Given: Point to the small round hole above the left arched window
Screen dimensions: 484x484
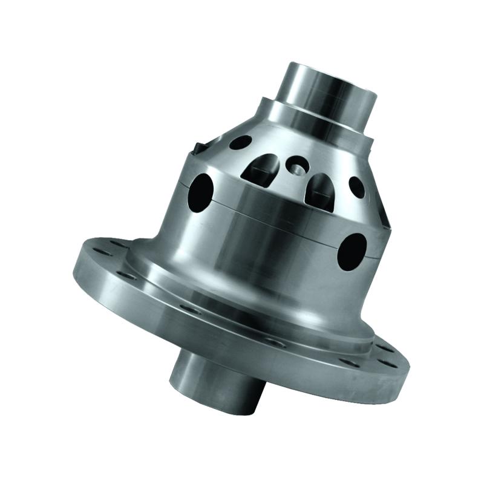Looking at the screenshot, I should pos(241,143).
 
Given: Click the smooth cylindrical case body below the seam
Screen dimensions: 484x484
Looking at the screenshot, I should pos(266,254).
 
